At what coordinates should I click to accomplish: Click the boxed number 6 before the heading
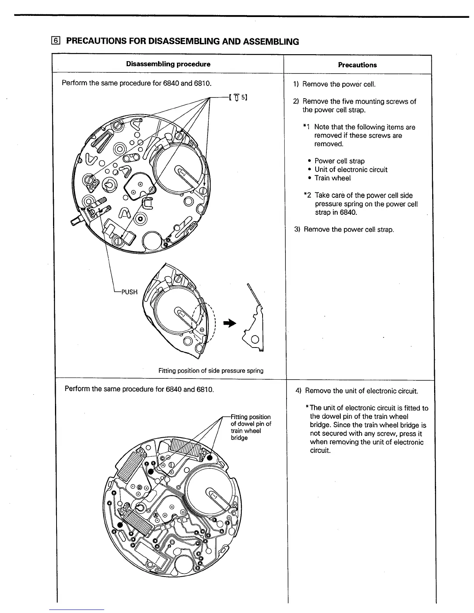point(57,41)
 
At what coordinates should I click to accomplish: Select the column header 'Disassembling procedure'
point(168,64)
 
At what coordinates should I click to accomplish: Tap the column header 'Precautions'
point(357,65)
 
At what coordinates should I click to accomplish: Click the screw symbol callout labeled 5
point(238,97)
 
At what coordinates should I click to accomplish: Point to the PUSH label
point(129,292)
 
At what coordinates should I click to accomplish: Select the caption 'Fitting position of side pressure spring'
point(211,371)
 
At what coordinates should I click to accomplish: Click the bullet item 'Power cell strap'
point(339,161)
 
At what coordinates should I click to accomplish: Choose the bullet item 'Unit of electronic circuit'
point(351,170)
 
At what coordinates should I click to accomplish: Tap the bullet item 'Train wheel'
point(332,178)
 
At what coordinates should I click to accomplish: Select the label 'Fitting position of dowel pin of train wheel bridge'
point(251,427)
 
